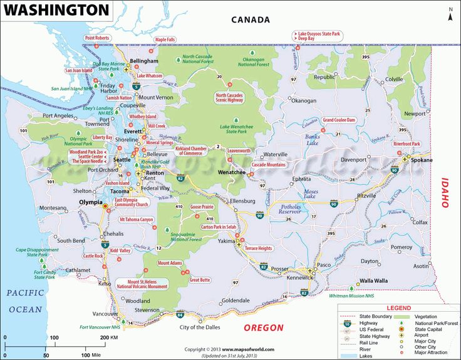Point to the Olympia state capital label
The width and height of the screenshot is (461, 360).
point(90,202)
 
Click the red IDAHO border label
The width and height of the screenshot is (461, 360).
point(445,192)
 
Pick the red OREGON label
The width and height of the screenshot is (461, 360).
point(263,327)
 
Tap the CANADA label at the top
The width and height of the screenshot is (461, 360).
point(251,19)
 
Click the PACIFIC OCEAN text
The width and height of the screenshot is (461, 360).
point(24,301)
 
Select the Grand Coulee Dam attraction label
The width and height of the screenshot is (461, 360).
point(339,120)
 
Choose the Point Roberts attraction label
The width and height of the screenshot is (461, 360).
point(97,38)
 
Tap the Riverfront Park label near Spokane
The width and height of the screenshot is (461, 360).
point(407,144)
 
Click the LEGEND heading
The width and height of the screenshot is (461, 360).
point(398,308)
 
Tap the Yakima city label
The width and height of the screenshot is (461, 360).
point(225,240)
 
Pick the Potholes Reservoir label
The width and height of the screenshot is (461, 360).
point(291,208)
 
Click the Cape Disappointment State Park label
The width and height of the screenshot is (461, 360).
point(36,252)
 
